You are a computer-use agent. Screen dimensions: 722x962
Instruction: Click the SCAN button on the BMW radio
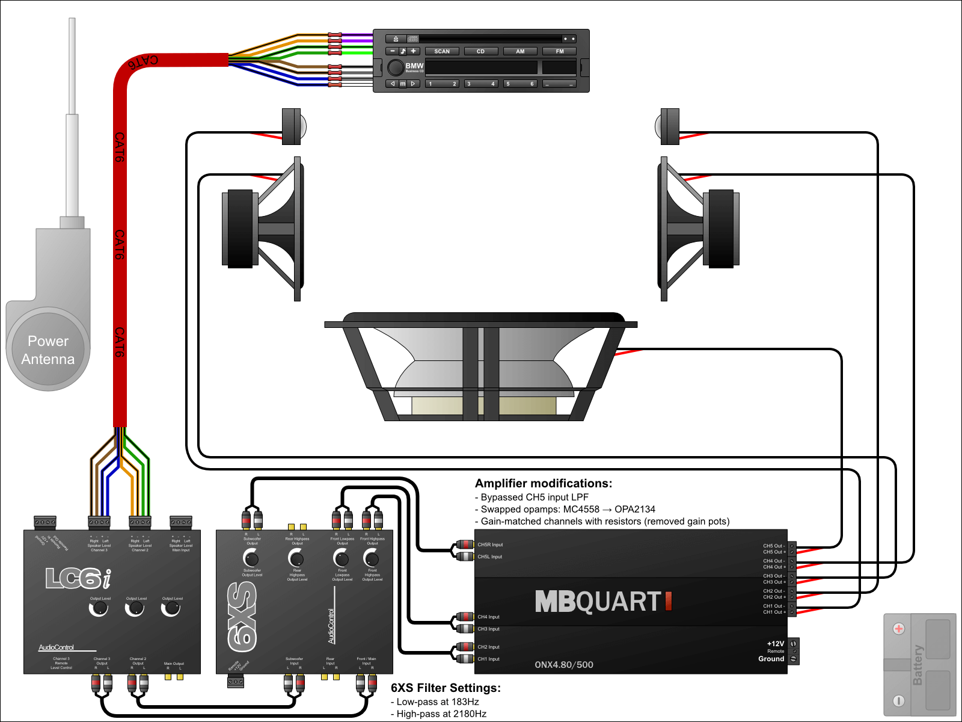coord(442,51)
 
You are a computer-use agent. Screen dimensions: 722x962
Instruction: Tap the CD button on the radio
coord(480,51)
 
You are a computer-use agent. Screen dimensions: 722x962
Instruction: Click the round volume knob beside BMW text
coord(395,67)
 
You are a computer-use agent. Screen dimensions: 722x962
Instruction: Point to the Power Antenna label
coord(48,350)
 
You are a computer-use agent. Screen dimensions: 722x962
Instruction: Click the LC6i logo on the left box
coord(78,579)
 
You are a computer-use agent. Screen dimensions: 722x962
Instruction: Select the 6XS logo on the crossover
coord(243,617)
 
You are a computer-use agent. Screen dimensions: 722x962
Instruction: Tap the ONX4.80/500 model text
coord(564,665)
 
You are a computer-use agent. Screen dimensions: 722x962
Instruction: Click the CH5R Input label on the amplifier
coord(490,545)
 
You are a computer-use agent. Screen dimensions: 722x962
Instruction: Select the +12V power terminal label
coord(776,644)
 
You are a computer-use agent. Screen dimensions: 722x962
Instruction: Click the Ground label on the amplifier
coord(771,659)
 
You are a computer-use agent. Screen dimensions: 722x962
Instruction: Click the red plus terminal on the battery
coord(899,629)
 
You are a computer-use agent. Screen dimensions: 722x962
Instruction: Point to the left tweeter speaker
coord(293,126)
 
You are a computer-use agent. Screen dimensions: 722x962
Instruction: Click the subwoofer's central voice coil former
coord(481,373)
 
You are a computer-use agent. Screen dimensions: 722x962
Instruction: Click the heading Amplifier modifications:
coord(544,483)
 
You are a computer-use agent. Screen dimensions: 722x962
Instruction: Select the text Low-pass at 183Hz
coord(437,702)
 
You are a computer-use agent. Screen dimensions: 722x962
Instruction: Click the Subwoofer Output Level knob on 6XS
coord(251,558)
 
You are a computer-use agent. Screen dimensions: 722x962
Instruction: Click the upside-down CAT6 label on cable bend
coord(142,61)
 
